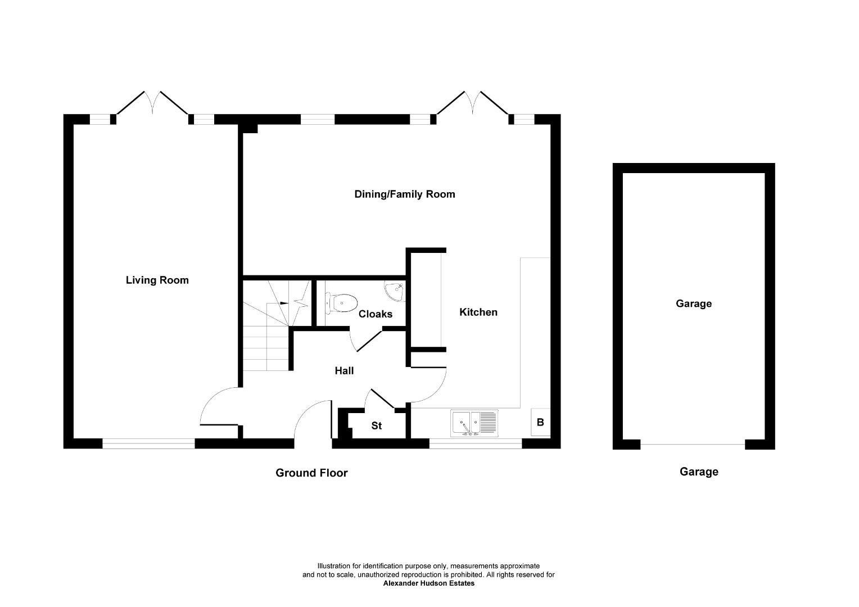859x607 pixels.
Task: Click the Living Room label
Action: (x=157, y=280)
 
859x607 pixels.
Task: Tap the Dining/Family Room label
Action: (x=404, y=194)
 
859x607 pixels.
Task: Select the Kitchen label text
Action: (x=478, y=312)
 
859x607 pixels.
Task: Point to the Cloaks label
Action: (x=375, y=314)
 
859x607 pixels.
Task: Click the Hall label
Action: (x=344, y=370)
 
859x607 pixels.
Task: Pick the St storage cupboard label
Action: (x=376, y=425)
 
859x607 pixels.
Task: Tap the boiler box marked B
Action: (x=540, y=422)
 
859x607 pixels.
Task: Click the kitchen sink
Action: (x=474, y=423)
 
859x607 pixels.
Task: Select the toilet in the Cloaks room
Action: (x=341, y=303)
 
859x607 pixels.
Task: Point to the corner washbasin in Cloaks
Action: (x=395, y=290)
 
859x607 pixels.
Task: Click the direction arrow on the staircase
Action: (x=287, y=303)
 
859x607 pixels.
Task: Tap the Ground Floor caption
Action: (x=311, y=473)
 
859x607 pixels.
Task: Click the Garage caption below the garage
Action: (x=699, y=472)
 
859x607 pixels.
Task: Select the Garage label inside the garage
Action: (x=693, y=303)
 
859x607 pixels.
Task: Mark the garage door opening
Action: (x=693, y=445)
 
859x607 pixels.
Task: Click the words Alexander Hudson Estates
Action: (x=428, y=583)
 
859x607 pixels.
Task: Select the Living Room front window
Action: (x=148, y=443)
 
